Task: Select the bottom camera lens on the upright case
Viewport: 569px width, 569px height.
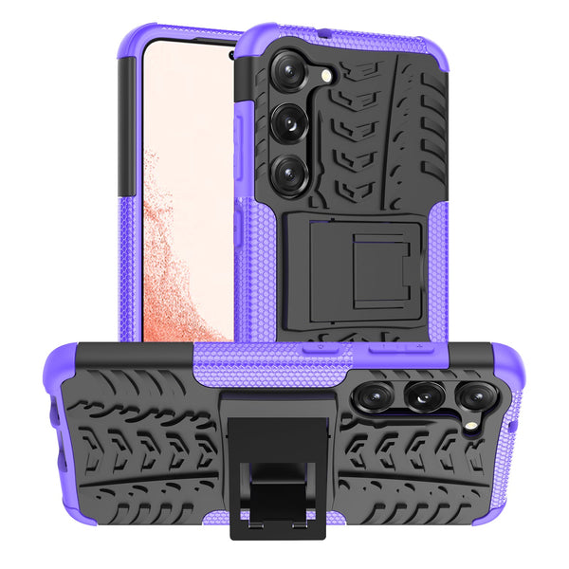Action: pos(286,173)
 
